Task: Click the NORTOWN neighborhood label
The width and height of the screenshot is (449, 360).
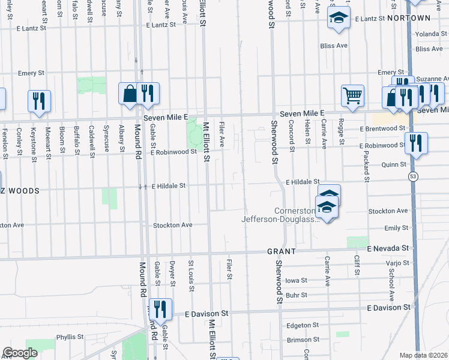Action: [409, 19]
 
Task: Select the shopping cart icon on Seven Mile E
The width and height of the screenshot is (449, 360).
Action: [352, 94]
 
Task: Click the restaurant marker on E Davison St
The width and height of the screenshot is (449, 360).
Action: [160, 308]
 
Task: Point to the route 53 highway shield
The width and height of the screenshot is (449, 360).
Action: [413, 176]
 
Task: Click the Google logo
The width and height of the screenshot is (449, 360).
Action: [20, 353]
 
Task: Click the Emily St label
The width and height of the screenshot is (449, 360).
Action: [396, 228]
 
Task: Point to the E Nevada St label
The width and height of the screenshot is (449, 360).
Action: [388, 248]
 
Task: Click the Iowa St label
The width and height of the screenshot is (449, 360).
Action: [296, 280]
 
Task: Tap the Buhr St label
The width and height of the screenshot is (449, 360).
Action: [297, 295]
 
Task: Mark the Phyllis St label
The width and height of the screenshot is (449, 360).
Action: [70, 337]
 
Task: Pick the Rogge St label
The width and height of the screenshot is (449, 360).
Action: [342, 134]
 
